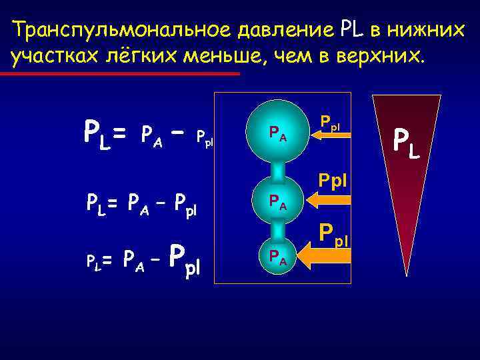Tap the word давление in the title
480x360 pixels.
(279, 31)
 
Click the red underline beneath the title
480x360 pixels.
(120, 74)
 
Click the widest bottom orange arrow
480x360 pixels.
(323, 255)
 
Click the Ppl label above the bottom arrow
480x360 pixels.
(334, 233)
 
